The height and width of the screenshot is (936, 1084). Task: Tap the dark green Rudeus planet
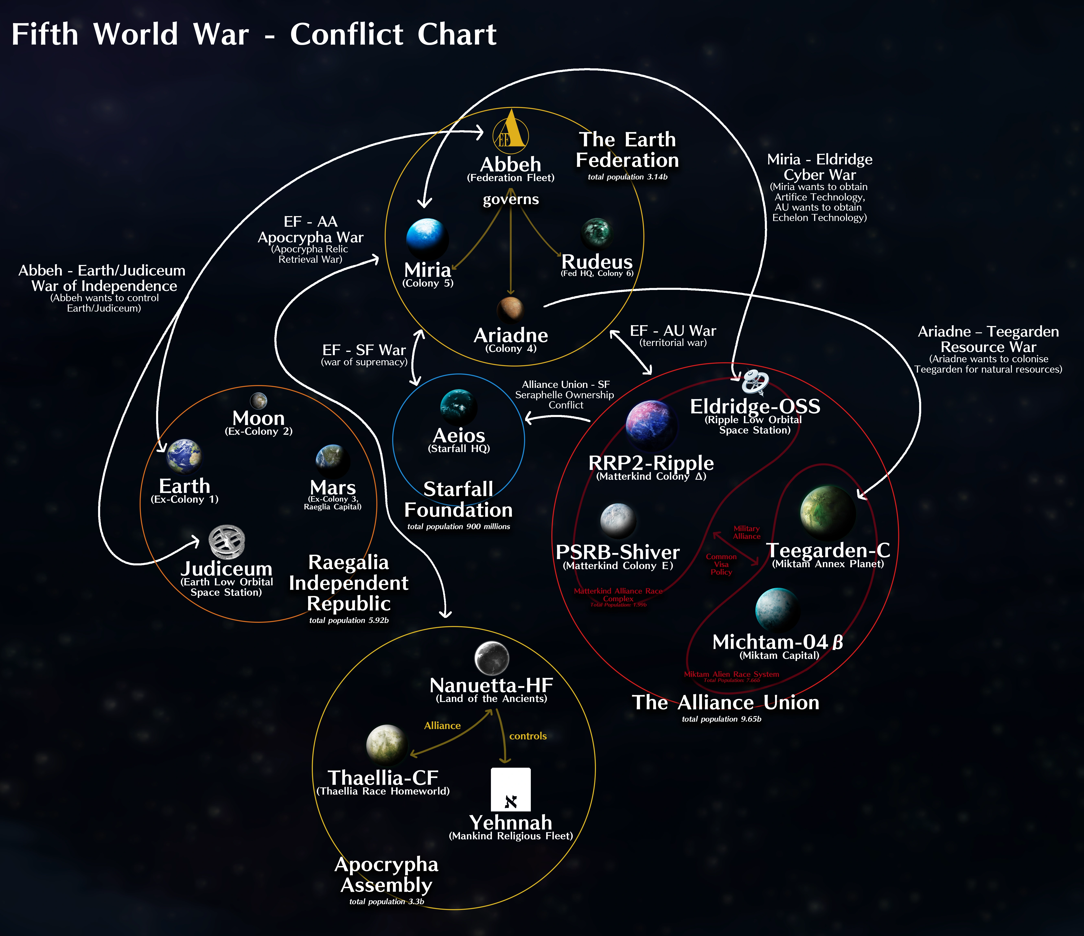tap(596, 233)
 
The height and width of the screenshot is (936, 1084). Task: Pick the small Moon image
tap(258, 401)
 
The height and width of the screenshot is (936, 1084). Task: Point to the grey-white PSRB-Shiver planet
tap(618, 521)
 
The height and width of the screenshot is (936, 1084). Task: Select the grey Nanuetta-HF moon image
tap(492, 658)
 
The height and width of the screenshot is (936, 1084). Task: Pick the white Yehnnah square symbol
tap(511, 789)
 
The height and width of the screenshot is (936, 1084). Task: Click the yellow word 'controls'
tap(528, 736)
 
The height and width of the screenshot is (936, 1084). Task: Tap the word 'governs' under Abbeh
tap(511, 199)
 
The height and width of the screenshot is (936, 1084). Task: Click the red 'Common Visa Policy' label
tap(721, 565)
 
